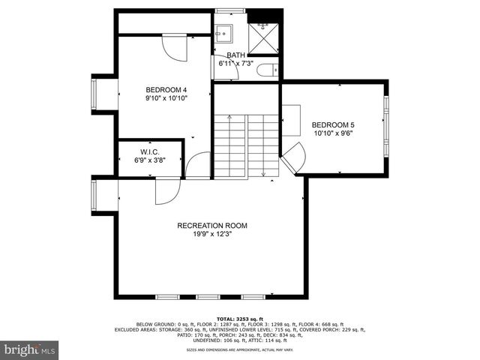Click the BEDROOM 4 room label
(166, 88)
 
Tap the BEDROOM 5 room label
(333, 124)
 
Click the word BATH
(235, 55)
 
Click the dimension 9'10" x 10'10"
(166, 97)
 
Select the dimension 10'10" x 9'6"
(333, 133)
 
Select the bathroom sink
(223, 33)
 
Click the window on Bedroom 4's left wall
(95, 94)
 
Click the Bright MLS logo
(30, 349)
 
